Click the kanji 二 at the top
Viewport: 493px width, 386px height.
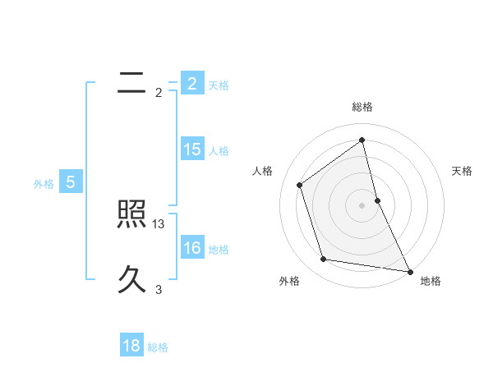click(x=131, y=82)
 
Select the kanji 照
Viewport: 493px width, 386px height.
click(x=131, y=215)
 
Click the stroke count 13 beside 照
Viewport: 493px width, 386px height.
click(x=159, y=223)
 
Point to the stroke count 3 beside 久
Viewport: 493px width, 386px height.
click(x=159, y=289)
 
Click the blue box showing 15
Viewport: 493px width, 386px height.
click(x=192, y=149)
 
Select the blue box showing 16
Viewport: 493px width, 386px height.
click(x=192, y=248)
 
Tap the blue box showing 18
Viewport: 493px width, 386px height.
click(x=131, y=346)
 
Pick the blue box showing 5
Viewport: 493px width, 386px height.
click(x=71, y=182)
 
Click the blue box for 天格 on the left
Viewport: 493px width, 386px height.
click(x=192, y=83)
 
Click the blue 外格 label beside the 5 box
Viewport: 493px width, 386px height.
click(x=44, y=184)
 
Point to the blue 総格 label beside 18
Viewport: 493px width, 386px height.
click(x=159, y=347)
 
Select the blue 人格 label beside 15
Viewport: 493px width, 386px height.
click(x=219, y=151)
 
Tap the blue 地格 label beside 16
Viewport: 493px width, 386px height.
click(x=219, y=250)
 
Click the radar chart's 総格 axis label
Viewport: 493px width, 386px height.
click(x=362, y=107)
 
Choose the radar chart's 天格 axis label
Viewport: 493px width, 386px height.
click(x=463, y=171)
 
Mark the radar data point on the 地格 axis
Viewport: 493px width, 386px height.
click(x=409, y=270)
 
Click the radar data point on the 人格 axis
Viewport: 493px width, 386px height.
click(x=300, y=185)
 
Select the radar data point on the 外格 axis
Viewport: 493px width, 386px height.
click(x=324, y=260)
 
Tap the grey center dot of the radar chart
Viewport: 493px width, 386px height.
click(x=362, y=204)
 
